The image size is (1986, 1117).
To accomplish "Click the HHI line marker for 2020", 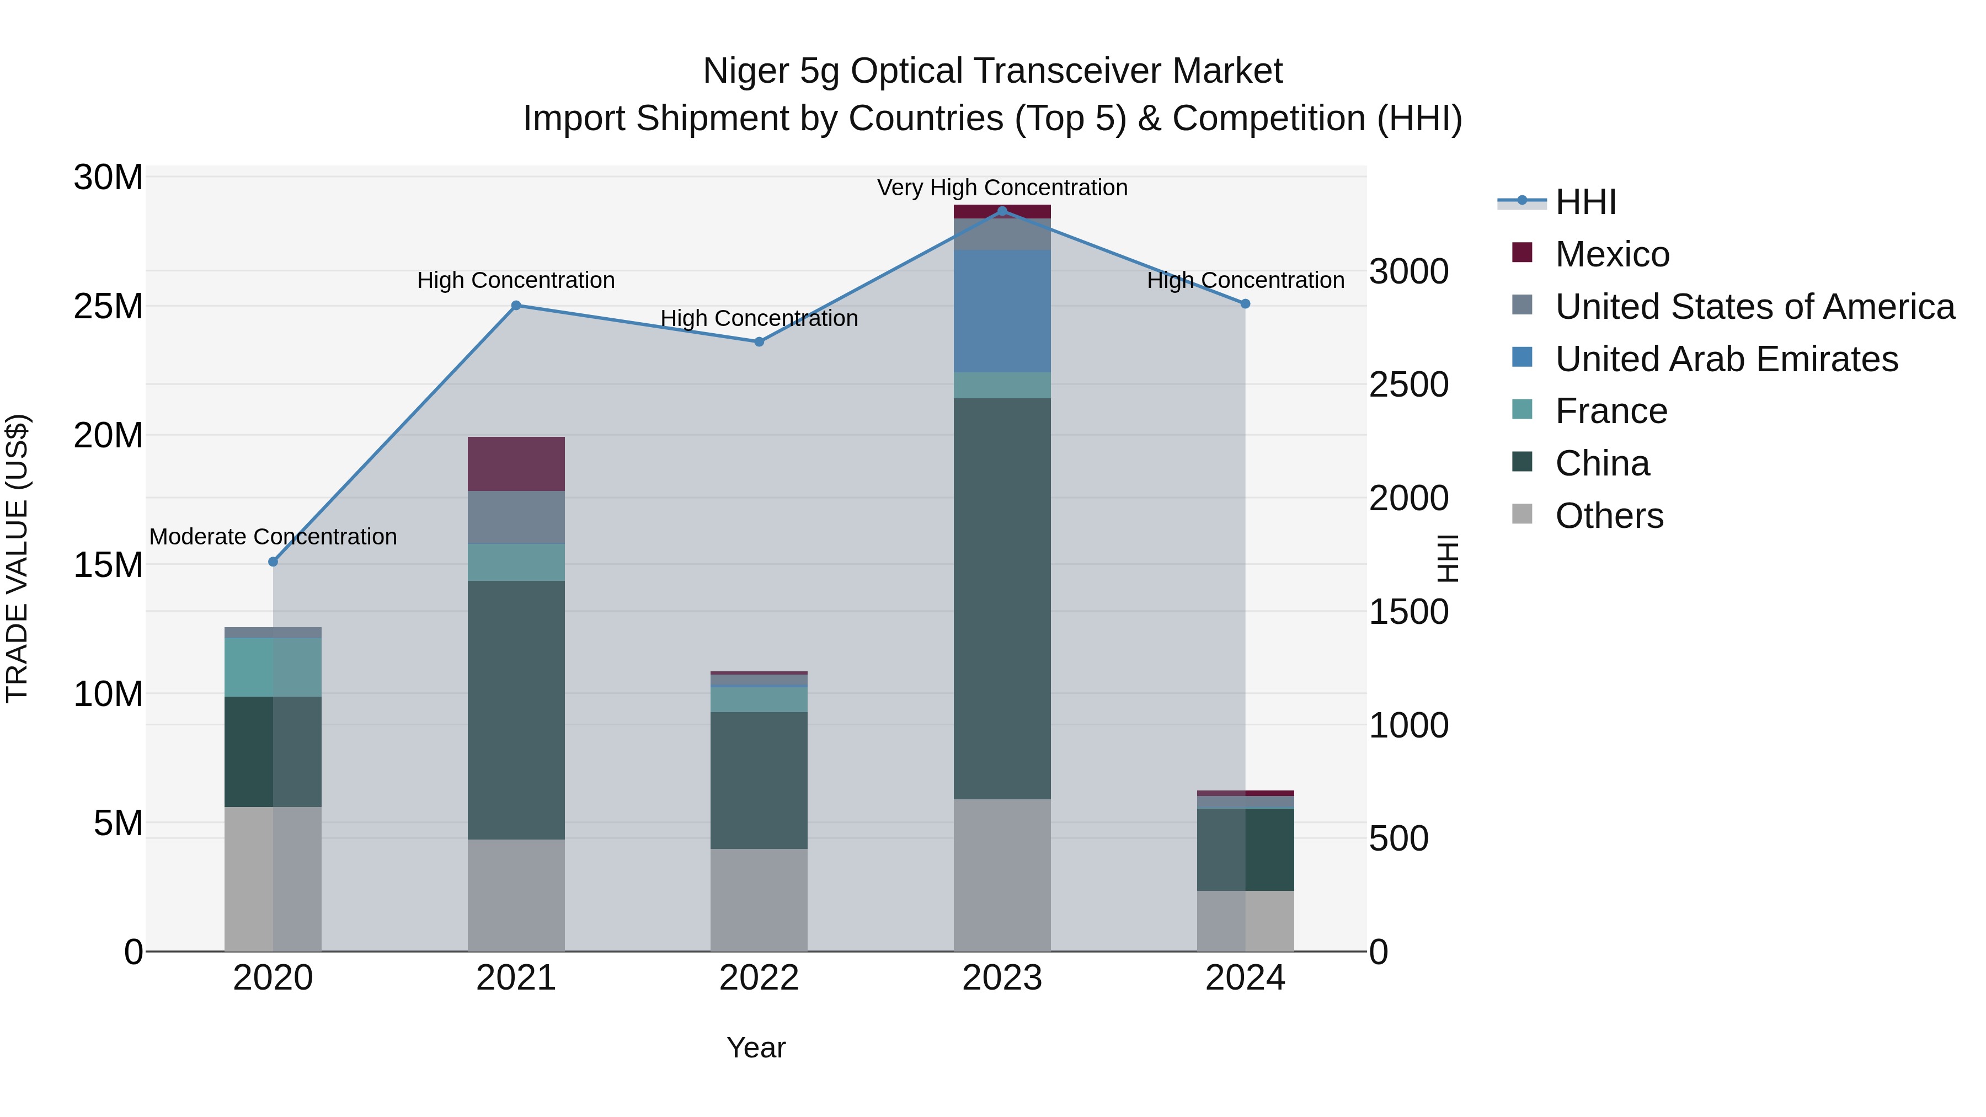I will click(273, 562).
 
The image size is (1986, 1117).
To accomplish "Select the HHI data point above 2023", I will click(1002, 211).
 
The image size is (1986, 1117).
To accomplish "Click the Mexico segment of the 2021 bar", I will click(516, 464).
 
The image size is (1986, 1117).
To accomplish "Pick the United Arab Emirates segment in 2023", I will click(1002, 312).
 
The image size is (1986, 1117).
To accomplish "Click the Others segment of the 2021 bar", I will click(516, 895).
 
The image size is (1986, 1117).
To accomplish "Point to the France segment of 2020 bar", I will click(273, 667).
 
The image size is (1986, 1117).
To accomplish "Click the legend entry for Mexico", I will click(1612, 254).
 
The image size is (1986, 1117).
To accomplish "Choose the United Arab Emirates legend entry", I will click(1726, 359).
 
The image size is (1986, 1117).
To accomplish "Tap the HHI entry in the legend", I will click(1585, 202).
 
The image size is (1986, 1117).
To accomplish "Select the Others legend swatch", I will click(1523, 514).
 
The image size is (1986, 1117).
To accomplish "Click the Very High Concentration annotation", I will click(1002, 188).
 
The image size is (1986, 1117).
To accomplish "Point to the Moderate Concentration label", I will click(273, 537).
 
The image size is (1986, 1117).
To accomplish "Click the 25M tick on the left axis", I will click(108, 307).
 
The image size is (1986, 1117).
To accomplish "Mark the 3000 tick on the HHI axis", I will click(1408, 272).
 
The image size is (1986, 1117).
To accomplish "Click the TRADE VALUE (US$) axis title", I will click(17, 558).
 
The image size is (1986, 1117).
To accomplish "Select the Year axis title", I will click(756, 1047).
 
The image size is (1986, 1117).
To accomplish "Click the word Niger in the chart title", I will click(746, 71).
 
